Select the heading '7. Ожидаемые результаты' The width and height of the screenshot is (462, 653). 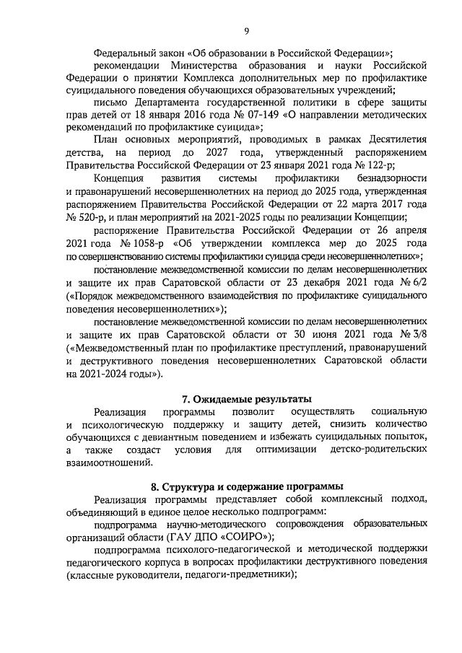coord(245,398)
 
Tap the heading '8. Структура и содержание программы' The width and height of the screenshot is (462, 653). coord(245,486)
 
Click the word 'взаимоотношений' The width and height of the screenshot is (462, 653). coord(112,464)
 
